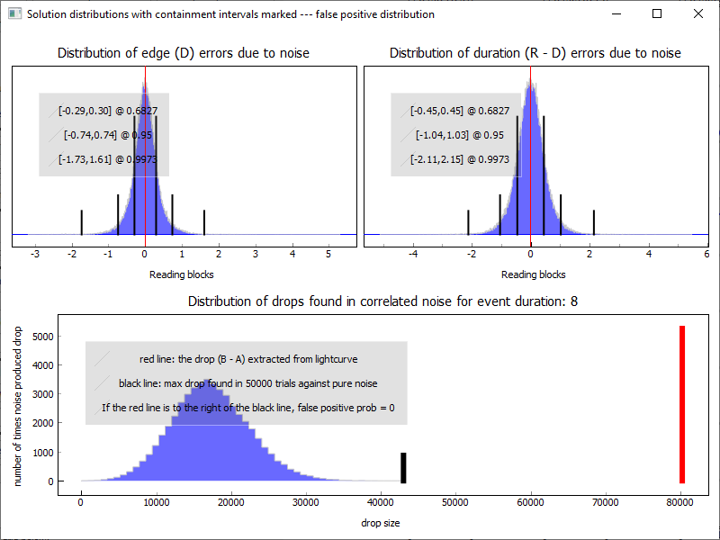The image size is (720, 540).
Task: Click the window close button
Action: (x=697, y=13)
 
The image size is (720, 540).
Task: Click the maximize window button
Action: (x=656, y=13)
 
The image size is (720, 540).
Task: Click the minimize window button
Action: (x=616, y=13)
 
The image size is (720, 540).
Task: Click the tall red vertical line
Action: (x=682, y=404)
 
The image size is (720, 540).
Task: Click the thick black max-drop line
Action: (x=403, y=467)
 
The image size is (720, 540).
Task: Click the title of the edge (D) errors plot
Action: (x=184, y=53)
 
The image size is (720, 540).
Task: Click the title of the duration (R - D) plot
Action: (x=535, y=53)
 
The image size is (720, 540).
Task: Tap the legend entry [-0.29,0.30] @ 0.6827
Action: (x=108, y=111)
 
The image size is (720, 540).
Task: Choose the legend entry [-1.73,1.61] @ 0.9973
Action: (x=108, y=159)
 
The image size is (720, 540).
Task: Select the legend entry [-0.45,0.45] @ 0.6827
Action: (x=460, y=111)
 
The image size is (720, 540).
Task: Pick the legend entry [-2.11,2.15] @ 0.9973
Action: (x=460, y=159)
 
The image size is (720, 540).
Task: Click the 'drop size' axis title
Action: (x=382, y=522)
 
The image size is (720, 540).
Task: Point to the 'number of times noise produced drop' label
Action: (x=18, y=408)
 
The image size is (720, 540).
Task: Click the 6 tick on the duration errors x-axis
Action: (x=707, y=255)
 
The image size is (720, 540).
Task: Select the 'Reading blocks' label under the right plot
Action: (x=534, y=274)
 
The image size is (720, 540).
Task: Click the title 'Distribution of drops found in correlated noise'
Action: (x=382, y=301)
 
